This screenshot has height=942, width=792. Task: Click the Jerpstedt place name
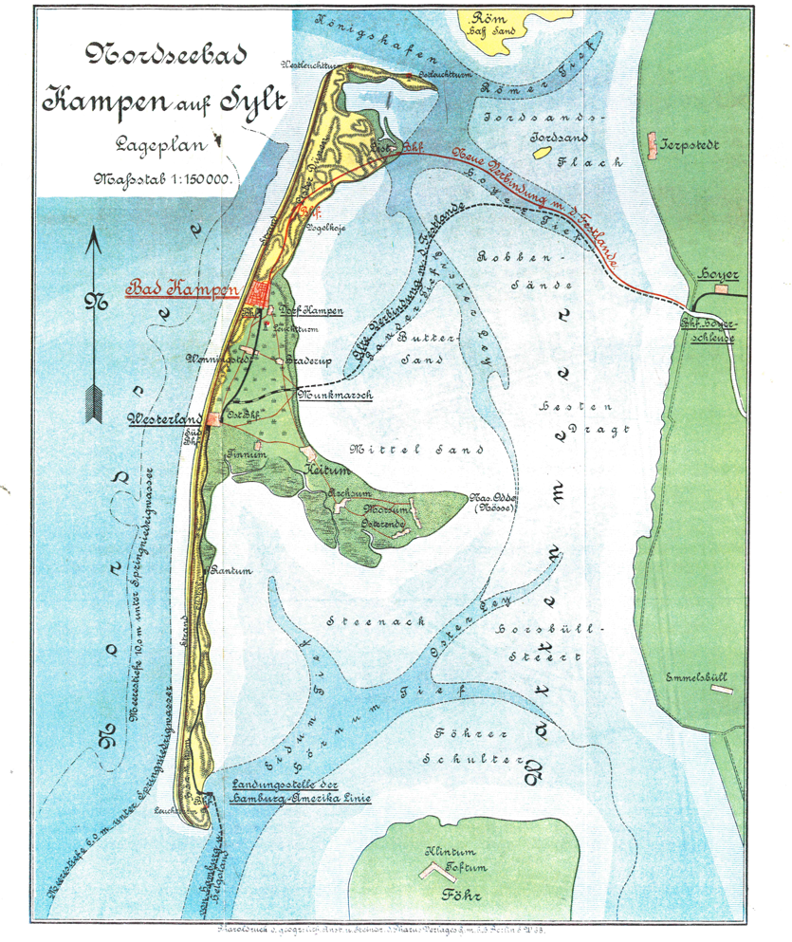coord(692,146)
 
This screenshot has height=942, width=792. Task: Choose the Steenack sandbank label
coord(357,621)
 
